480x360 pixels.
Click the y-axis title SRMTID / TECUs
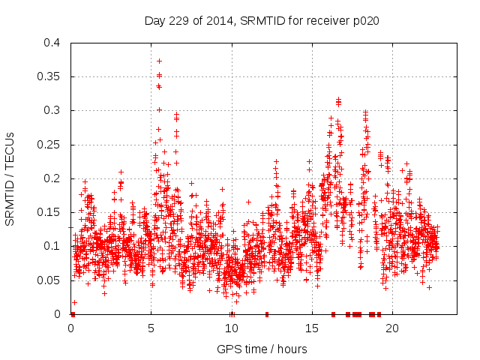10,178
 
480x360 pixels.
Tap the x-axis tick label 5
151,328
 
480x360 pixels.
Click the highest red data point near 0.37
159,61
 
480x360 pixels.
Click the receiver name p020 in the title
364,20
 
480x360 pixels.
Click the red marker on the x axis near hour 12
266,314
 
